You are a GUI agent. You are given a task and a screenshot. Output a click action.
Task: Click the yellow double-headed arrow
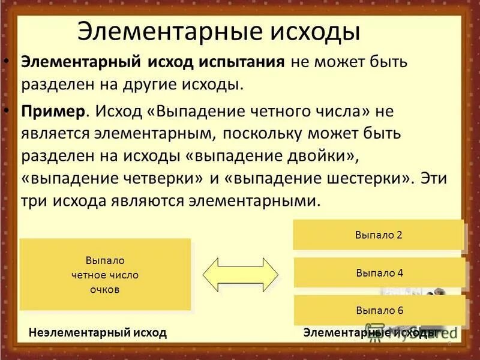241,275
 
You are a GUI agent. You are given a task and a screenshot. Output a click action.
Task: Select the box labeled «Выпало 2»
378,235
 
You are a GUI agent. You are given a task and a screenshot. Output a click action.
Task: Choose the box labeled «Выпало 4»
379,273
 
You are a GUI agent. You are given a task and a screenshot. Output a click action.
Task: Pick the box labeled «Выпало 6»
379,311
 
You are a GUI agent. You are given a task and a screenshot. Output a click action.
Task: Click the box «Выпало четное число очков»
105,275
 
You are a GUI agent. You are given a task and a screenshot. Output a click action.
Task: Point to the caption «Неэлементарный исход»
97,332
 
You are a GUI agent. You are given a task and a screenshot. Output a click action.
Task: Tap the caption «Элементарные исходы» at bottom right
370,332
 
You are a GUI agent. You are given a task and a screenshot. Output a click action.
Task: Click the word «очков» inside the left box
105,289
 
